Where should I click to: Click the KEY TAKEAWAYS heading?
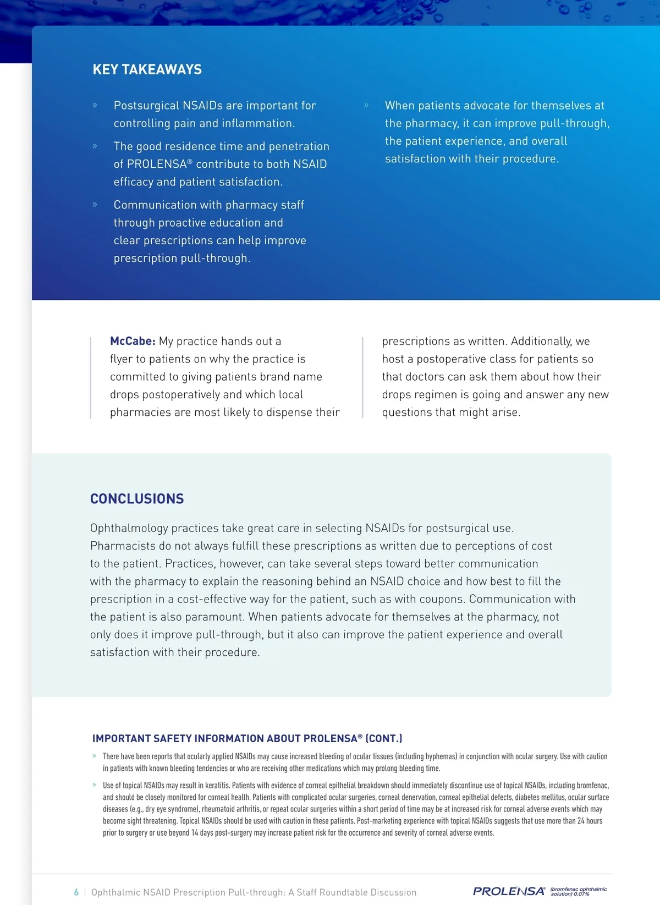pyautogui.click(x=147, y=69)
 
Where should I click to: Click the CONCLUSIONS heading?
pyautogui.click(x=137, y=498)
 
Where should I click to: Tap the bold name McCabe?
pyautogui.click(x=133, y=341)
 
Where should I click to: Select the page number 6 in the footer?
pyautogui.click(x=76, y=892)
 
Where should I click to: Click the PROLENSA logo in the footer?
pyautogui.click(x=509, y=891)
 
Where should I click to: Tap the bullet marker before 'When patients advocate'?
pyautogui.click(x=366, y=105)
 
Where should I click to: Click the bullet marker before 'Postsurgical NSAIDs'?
pyautogui.click(x=95, y=105)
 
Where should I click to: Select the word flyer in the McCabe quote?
pyautogui.click(x=121, y=359)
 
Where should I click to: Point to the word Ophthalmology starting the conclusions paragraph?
pyautogui.click(x=129, y=528)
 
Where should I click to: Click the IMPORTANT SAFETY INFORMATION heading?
pyautogui.click(x=247, y=738)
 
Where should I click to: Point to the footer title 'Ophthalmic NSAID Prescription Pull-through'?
pyautogui.click(x=254, y=892)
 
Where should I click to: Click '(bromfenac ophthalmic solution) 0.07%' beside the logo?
pyautogui.click(x=578, y=891)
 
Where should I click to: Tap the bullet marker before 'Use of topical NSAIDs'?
pyautogui.click(x=95, y=785)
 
